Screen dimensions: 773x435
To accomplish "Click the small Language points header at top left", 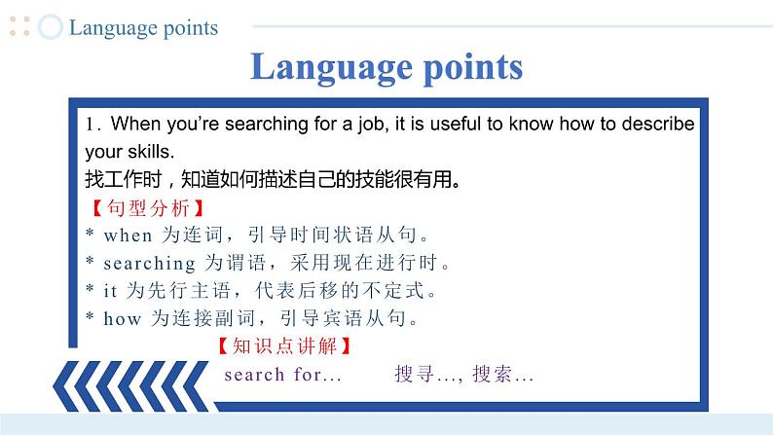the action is pyautogui.click(x=143, y=28).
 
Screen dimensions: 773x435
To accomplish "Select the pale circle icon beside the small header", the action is pyautogui.click(x=51, y=26).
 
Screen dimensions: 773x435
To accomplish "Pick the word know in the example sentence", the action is pyautogui.click(x=532, y=124).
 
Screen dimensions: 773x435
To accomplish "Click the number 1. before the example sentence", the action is pyautogui.click(x=93, y=125).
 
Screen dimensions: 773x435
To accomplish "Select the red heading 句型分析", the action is pyautogui.click(x=148, y=208).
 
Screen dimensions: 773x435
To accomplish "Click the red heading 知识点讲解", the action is pyautogui.click(x=284, y=345).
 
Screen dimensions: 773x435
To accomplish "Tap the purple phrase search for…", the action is pyautogui.click(x=283, y=375).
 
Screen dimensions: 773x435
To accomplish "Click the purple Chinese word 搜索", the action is pyautogui.click(x=492, y=374).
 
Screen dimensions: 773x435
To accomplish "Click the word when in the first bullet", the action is pyautogui.click(x=129, y=236).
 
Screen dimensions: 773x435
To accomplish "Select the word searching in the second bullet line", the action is pyautogui.click(x=150, y=264).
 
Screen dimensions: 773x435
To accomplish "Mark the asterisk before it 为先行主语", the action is pyautogui.click(x=90, y=288).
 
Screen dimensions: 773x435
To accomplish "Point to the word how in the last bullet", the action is pyautogui.click(x=123, y=319).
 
